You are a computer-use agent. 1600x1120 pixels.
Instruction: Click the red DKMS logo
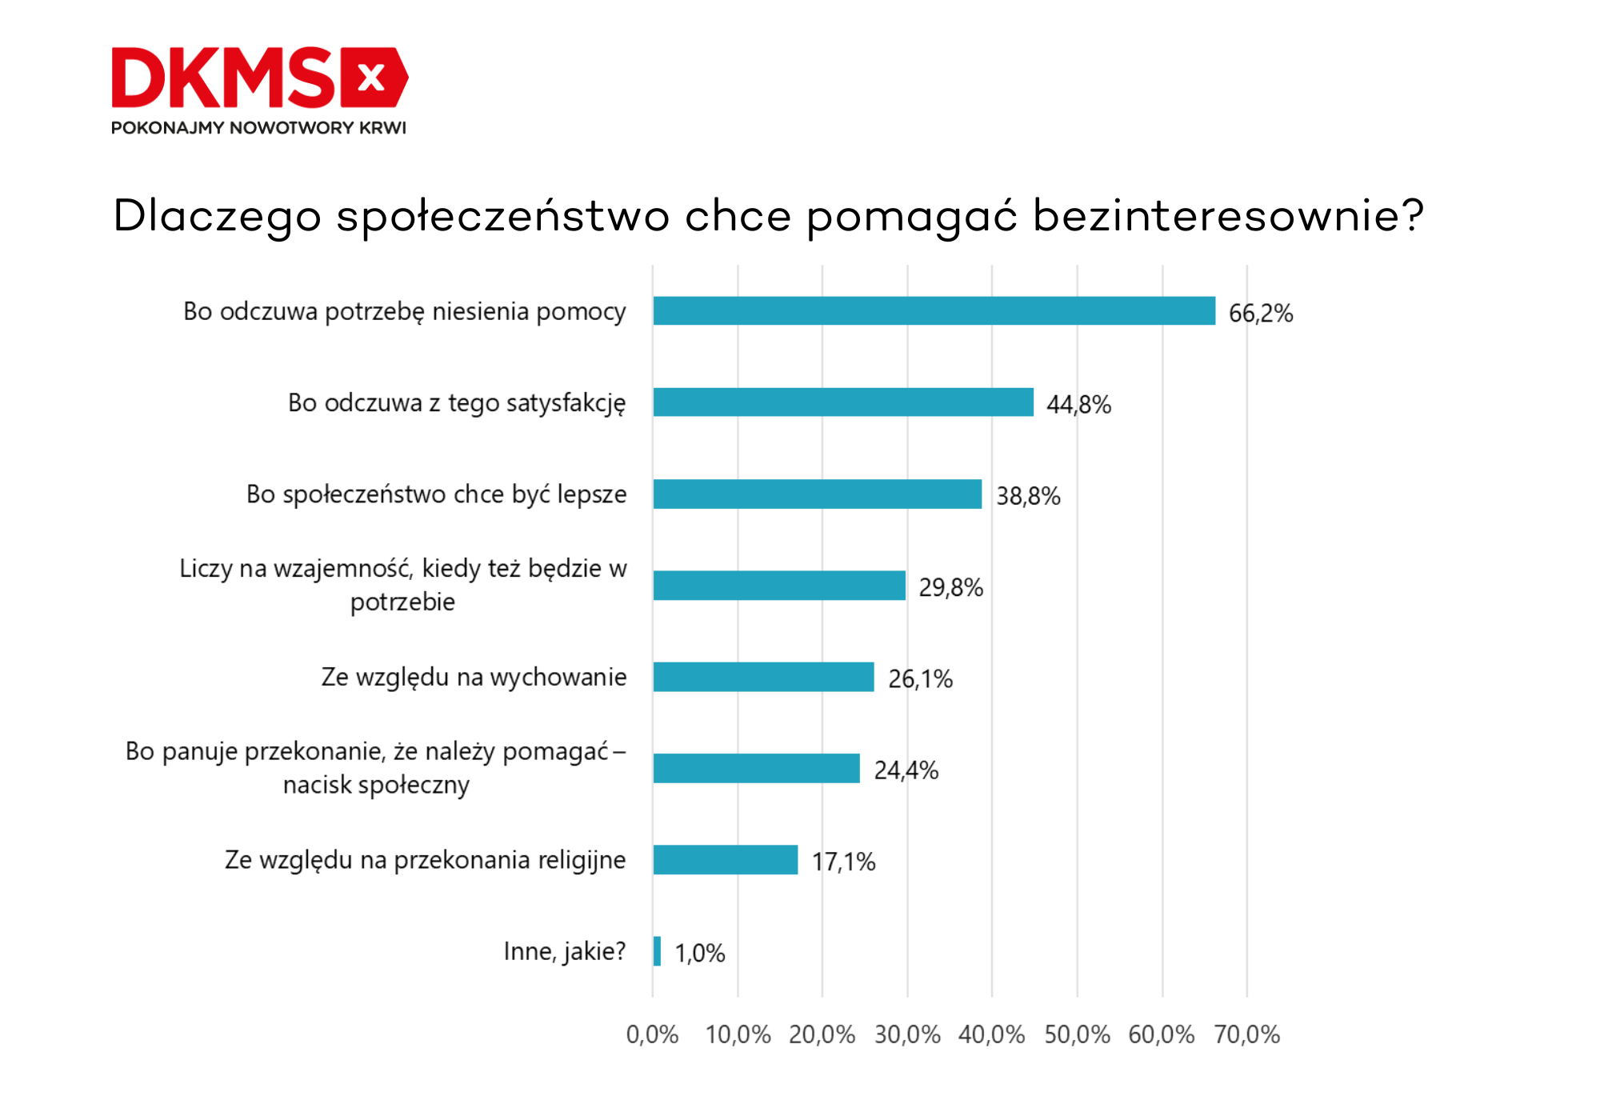pyautogui.click(x=259, y=77)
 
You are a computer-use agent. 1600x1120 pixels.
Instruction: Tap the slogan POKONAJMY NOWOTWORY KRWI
pyautogui.click(x=258, y=128)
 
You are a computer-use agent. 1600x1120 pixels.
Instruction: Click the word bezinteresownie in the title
pyautogui.click(x=1228, y=216)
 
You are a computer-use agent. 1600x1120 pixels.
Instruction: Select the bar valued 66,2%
pyautogui.click(x=934, y=311)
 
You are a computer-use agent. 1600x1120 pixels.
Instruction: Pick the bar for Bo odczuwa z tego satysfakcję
pyautogui.click(x=843, y=402)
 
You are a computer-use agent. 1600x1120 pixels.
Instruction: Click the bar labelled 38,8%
pyautogui.click(x=817, y=494)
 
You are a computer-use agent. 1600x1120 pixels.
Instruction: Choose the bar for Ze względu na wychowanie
pyautogui.click(x=763, y=677)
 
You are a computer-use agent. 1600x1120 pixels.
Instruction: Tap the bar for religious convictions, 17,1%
pyautogui.click(x=725, y=860)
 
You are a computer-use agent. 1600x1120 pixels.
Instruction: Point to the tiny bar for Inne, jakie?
pyautogui.click(x=657, y=951)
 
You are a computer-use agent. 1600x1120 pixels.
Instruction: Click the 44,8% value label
pyautogui.click(x=1078, y=405)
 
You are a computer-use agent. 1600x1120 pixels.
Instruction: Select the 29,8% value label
pyautogui.click(x=950, y=588)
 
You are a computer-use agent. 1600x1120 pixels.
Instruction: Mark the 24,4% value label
pyautogui.click(x=906, y=770)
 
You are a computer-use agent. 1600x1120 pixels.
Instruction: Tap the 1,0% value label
pyautogui.click(x=699, y=954)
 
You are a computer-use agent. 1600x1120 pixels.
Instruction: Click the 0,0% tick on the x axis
pyautogui.click(x=652, y=1035)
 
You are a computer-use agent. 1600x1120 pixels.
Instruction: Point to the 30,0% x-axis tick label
pyautogui.click(x=907, y=1035)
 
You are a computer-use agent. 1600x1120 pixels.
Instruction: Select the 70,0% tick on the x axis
pyautogui.click(x=1246, y=1035)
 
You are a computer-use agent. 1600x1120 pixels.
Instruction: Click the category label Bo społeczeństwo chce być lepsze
pyautogui.click(x=436, y=494)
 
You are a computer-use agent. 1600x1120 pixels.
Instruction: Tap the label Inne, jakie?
pyautogui.click(x=564, y=951)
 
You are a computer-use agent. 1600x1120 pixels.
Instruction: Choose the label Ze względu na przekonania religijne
pyautogui.click(x=425, y=860)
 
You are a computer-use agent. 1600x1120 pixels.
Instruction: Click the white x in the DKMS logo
pyautogui.click(x=371, y=78)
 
